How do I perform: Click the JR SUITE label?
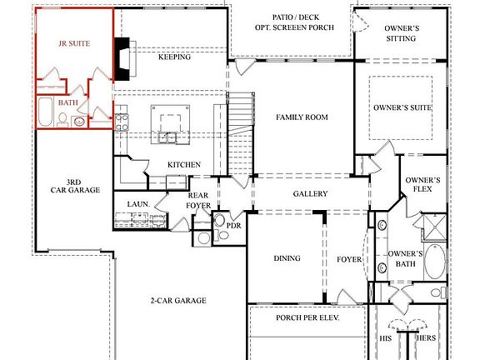click(73, 41)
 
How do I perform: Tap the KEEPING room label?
click(174, 57)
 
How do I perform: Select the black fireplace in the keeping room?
click(123, 58)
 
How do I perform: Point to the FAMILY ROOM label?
click(301, 117)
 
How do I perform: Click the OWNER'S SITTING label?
click(401, 33)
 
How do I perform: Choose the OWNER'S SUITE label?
click(401, 107)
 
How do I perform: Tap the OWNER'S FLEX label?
click(422, 185)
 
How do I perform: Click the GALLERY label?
click(309, 194)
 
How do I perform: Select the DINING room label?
click(287, 258)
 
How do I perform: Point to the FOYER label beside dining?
click(348, 259)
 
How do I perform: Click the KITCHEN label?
click(183, 165)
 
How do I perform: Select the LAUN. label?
click(137, 203)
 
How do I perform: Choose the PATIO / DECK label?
click(294, 17)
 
